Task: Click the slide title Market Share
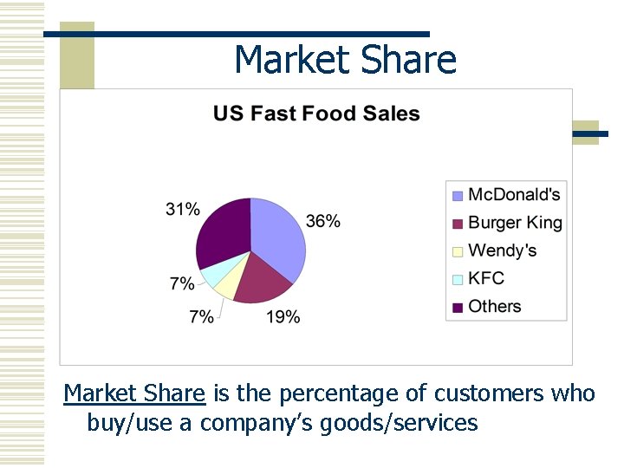pyautogui.click(x=345, y=60)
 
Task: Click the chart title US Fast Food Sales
pyautogui.click(x=316, y=114)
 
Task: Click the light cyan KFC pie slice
pyautogui.click(x=212, y=276)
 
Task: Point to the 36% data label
pyautogui.click(x=322, y=222)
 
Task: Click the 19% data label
pyautogui.click(x=283, y=317)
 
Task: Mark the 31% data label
pyautogui.click(x=183, y=209)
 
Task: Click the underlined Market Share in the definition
pyautogui.click(x=134, y=393)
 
